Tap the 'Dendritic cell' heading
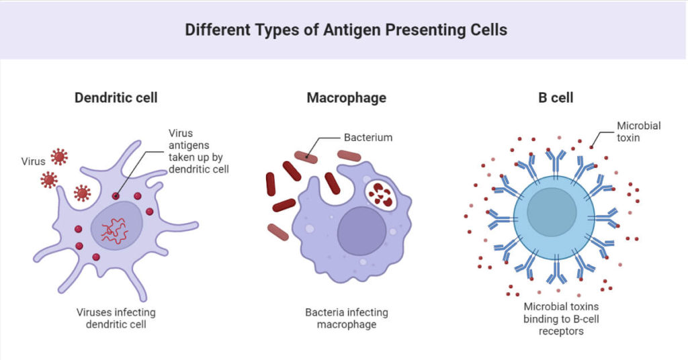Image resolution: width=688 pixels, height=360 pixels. pyautogui.click(x=116, y=97)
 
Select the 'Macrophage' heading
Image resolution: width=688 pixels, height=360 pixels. pyautogui.click(x=346, y=97)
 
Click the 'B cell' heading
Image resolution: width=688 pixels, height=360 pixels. pyautogui.click(x=556, y=97)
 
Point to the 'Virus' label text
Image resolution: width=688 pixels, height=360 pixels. pyautogui.click(x=32, y=161)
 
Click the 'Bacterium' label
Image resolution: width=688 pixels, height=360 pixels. pyautogui.click(x=368, y=138)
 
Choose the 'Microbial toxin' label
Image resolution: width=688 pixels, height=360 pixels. pyautogui.click(x=639, y=131)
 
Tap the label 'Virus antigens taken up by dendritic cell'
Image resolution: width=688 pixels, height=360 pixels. pyautogui.click(x=198, y=151)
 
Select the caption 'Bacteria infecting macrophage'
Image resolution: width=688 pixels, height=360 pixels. pyautogui.click(x=346, y=318)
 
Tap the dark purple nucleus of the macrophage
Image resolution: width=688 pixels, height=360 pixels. pyautogui.click(x=361, y=230)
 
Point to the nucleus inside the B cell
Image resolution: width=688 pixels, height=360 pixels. pyautogui.click(x=552, y=212)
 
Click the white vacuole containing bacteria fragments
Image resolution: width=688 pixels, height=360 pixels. pyautogui.click(x=382, y=194)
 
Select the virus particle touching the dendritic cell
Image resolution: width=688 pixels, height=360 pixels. pyautogui.click(x=83, y=193)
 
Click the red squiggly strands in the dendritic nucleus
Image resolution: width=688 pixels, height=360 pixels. pyautogui.click(x=114, y=230)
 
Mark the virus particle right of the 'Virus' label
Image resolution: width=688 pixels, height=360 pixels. pyautogui.click(x=59, y=157)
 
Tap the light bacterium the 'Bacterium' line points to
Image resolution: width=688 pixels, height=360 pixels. pyautogui.click(x=306, y=156)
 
